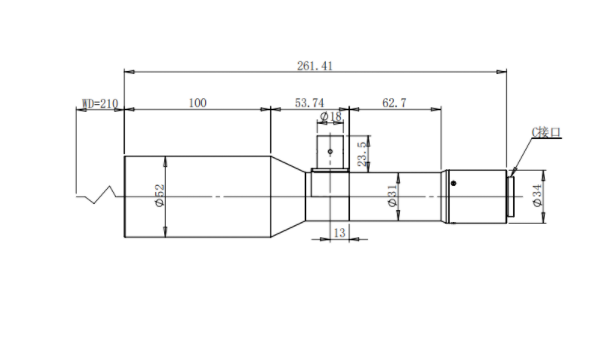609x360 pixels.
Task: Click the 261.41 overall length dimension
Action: click(x=315, y=66)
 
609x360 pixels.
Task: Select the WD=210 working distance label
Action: click(x=100, y=104)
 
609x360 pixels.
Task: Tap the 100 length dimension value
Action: click(x=197, y=103)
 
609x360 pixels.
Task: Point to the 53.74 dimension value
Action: click(x=309, y=103)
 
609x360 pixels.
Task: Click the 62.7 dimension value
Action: click(x=394, y=103)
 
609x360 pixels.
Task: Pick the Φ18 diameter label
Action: click(x=331, y=116)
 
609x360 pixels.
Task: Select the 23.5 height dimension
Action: click(x=362, y=154)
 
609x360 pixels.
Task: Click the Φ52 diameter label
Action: click(x=160, y=195)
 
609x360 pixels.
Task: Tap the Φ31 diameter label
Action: click(x=393, y=195)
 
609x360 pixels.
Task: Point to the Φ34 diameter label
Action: click(x=537, y=195)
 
